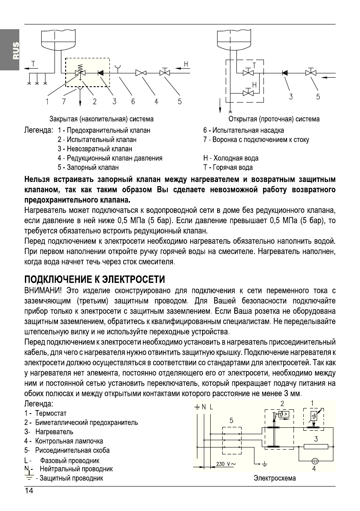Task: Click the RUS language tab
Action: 15,50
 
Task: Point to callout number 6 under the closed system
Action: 133,102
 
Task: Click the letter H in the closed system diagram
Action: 186,64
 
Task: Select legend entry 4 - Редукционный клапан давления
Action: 110,158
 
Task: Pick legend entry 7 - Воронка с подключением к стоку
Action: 256,139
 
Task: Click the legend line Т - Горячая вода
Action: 228,168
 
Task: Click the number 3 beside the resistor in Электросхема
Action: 315,438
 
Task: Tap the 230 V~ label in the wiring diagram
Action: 226,464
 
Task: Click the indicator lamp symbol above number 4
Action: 314,460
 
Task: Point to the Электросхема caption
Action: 275,478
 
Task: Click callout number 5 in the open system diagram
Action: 318,97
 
